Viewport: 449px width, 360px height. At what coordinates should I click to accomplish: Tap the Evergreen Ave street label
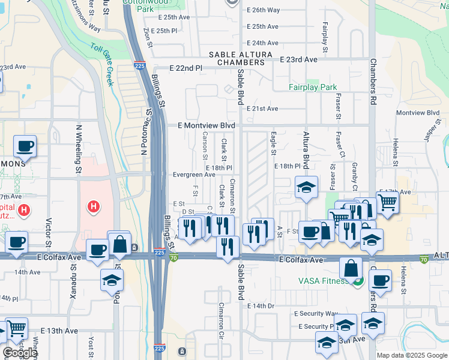pyautogui.click(x=194, y=175)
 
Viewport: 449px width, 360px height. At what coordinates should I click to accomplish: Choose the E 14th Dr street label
pyautogui.click(x=261, y=305)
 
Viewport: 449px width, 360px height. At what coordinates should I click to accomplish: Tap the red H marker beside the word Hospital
pyautogui.click(x=24, y=210)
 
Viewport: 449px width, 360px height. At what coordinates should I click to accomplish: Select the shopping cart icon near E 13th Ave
pyautogui.click(x=17, y=328)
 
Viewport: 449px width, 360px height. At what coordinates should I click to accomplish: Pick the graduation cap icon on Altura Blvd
pyautogui.click(x=306, y=187)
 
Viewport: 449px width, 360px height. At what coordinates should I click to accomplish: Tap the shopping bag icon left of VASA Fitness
pyautogui.click(x=351, y=268)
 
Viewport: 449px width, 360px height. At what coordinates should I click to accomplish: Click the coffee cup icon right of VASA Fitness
pyautogui.click(x=379, y=280)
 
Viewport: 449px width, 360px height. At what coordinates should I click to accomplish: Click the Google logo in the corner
pyautogui.click(x=20, y=353)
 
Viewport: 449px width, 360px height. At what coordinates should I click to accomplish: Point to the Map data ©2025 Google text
pyautogui.click(x=412, y=355)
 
